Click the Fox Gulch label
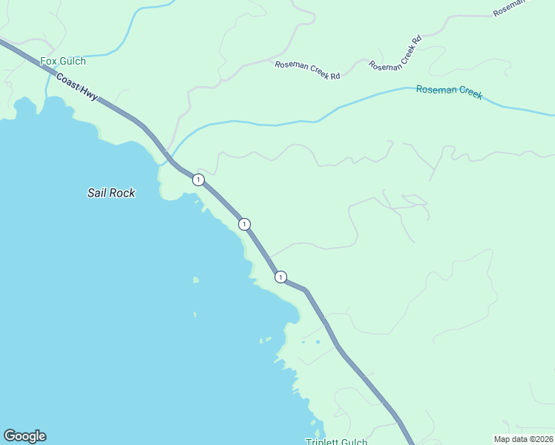(x=63, y=62)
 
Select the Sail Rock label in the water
(x=111, y=193)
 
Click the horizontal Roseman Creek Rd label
(x=307, y=70)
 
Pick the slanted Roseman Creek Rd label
(x=395, y=54)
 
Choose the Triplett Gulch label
(x=337, y=442)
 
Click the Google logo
(x=24, y=436)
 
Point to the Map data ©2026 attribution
(x=523, y=438)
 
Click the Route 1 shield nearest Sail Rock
(x=198, y=179)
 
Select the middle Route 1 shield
(x=244, y=224)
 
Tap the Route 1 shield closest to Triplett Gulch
(x=280, y=277)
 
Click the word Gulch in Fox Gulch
(x=73, y=62)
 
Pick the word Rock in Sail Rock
(x=123, y=193)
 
